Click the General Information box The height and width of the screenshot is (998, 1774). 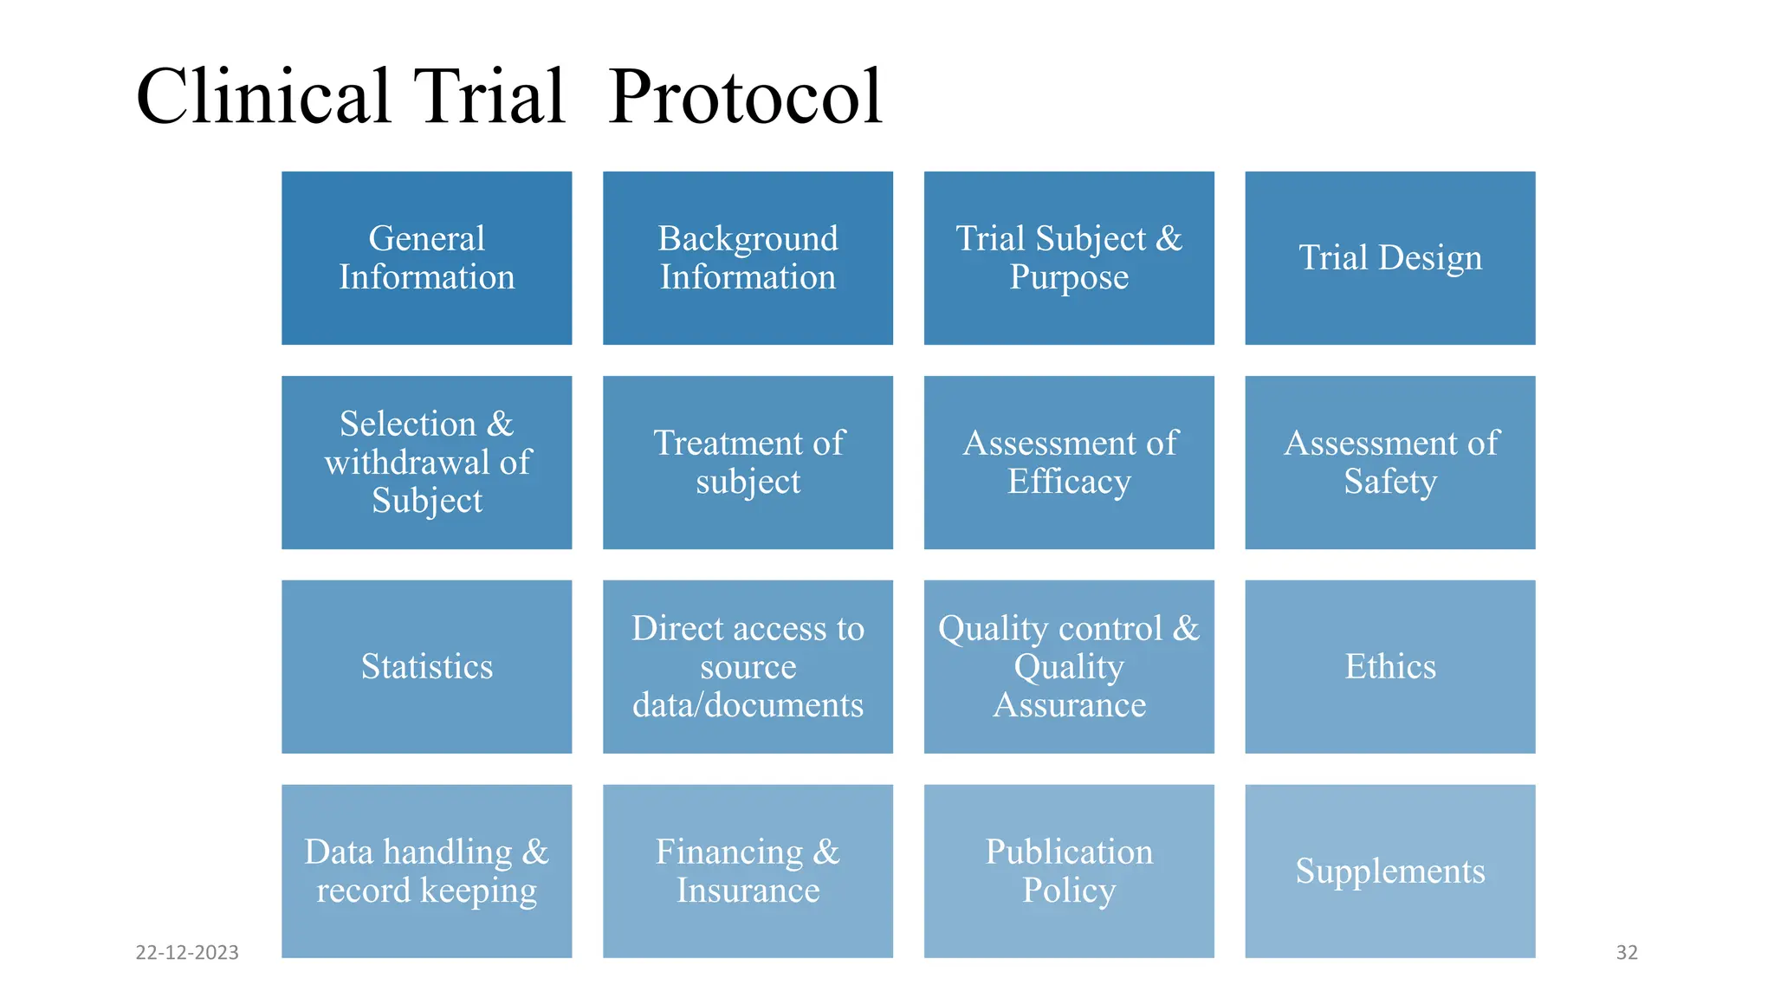click(x=426, y=258)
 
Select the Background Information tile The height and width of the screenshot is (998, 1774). click(x=748, y=258)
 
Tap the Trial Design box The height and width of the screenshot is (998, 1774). click(x=1389, y=258)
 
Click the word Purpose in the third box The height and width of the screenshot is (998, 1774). click(x=1069, y=278)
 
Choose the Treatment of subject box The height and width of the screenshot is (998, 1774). click(x=748, y=463)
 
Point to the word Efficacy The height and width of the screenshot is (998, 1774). click(x=1069, y=482)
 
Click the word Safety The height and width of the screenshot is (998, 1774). click(x=1389, y=482)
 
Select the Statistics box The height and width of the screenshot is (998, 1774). click(x=426, y=667)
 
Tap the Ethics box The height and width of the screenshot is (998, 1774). click(x=1389, y=667)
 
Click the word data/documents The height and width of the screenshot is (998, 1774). click(x=748, y=705)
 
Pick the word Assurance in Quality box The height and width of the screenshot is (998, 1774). click(x=1069, y=705)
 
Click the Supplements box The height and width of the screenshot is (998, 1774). click(x=1389, y=872)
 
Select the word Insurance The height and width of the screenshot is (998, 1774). click(x=748, y=891)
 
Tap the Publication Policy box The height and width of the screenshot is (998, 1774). click(x=1069, y=872)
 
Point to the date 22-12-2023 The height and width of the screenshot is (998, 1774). click(x=187, y=952)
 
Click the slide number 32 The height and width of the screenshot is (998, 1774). click(x=1627, y=952)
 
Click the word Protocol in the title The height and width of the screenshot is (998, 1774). click(x=745, y=97)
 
